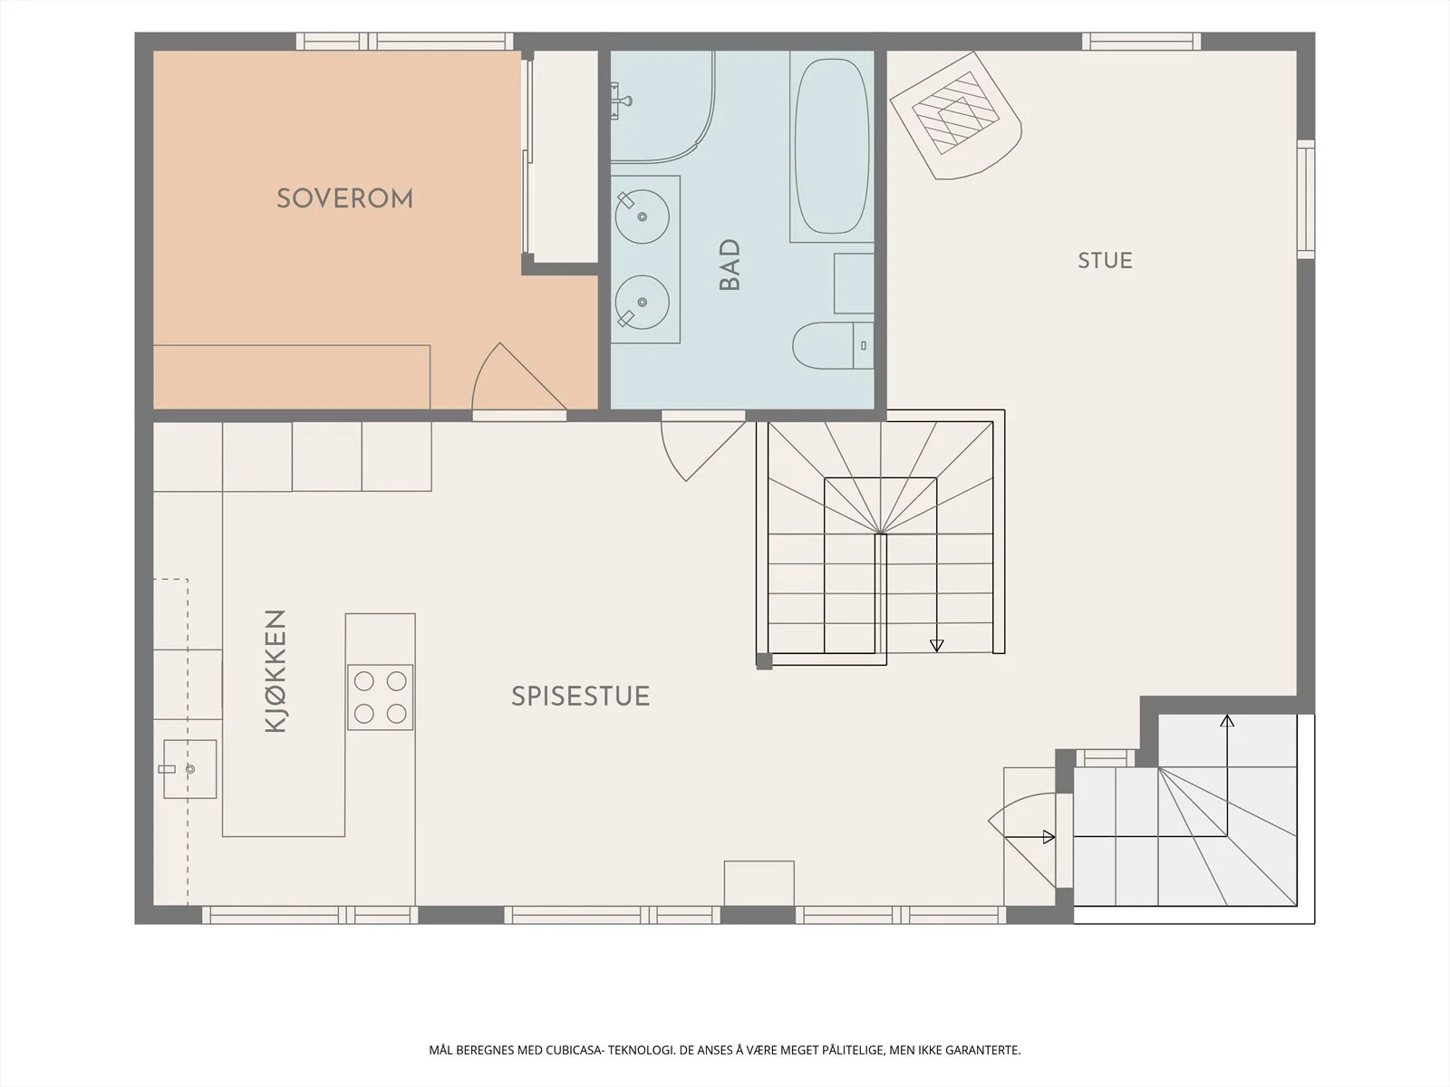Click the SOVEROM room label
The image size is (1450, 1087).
345,198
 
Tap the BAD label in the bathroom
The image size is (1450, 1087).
730,265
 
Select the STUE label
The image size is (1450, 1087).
1105,261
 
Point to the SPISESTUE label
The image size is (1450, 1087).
581,697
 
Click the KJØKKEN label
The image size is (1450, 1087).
275,670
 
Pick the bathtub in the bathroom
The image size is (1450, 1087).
831,147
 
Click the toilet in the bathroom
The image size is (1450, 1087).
833,345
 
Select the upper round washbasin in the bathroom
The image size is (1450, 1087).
643,216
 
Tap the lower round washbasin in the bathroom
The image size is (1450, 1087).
643,303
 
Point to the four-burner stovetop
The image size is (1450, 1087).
381,697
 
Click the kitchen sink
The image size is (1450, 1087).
189,769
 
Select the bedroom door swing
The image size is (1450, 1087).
518,378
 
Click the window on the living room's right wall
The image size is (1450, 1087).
1306,198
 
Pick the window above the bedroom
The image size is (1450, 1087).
404,42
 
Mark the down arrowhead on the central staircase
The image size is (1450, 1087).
937,646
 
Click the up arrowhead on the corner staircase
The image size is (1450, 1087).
1227,720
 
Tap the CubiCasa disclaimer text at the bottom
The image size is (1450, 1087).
725,1050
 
